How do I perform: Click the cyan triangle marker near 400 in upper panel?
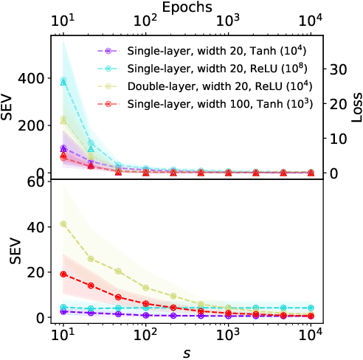pos(63,81)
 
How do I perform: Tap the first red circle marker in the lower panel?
pos(63,274)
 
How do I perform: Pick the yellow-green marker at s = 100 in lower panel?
pos(146,288)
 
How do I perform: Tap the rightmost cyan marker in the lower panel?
pos(311,308)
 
